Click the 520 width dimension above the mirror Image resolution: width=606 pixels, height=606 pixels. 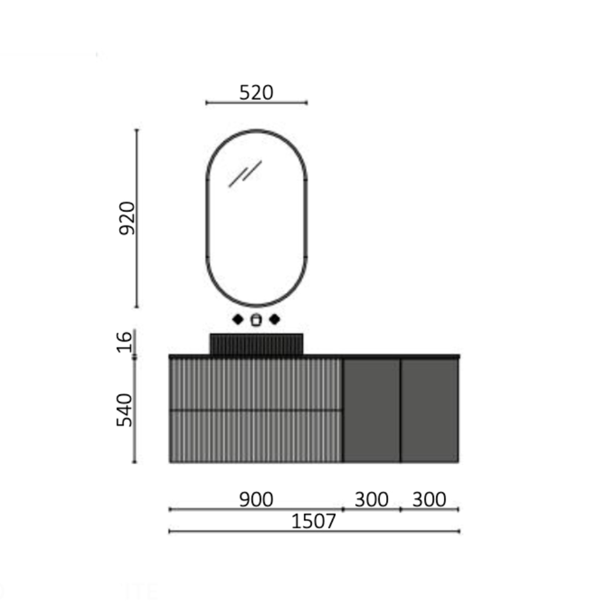tap(256, 93)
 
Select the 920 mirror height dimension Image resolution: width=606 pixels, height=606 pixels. tap(127, 218)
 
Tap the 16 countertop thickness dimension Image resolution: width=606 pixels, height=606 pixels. tap(124, 342)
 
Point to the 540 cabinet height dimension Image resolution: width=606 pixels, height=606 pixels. tap(124, 410)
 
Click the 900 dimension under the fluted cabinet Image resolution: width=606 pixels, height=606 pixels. tap(256, 499)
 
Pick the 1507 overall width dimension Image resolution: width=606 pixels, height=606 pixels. tap(313, 521)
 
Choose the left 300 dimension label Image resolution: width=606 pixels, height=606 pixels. tap(371, 499)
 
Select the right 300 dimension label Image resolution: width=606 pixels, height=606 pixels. tap(430, 499)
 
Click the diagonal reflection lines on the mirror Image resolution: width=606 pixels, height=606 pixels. tap(245, 173)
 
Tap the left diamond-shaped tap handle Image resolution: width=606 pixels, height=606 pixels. tap(238, 319)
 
